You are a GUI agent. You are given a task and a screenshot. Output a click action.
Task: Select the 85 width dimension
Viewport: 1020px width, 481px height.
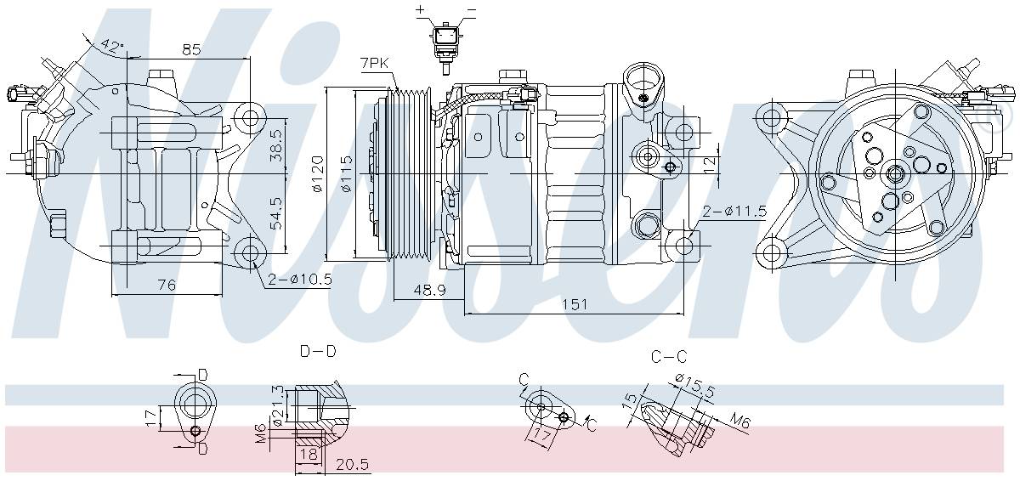pos(191,49)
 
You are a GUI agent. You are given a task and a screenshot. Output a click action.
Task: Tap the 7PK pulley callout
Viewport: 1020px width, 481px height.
pos(375,64)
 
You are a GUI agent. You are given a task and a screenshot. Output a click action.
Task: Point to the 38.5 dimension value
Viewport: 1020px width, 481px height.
pos(275,145)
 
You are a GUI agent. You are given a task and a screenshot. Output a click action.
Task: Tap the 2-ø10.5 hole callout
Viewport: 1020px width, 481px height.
pos(298,279)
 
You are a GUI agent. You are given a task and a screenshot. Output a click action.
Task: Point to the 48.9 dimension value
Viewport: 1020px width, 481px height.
pos(428,291)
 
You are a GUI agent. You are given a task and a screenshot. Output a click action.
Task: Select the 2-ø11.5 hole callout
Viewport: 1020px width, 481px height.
pos(734,212)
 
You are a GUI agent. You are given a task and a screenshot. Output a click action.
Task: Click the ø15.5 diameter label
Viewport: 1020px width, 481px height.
pos(693,385)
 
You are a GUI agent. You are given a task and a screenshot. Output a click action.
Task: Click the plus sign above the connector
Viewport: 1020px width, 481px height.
pos(420,9)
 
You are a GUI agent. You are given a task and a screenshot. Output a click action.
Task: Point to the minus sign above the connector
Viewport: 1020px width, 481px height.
pos(472,9)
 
